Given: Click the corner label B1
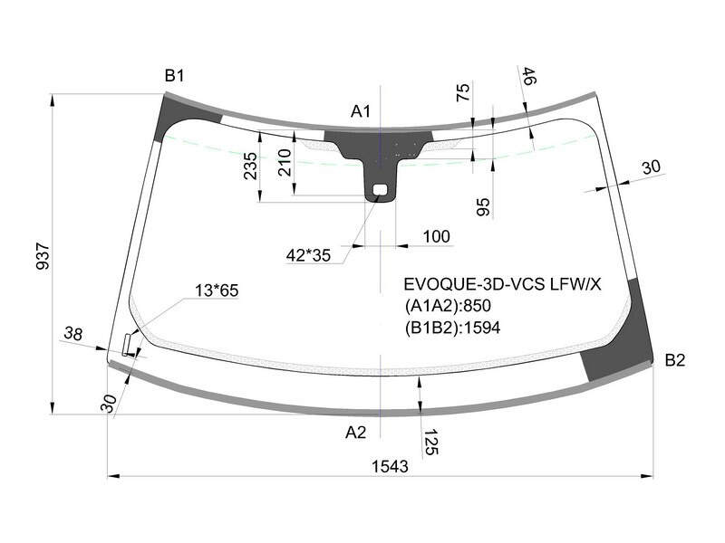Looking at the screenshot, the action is click(174, 76).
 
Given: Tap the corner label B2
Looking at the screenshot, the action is click(674, 359).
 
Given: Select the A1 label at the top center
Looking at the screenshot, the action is click(361, 111).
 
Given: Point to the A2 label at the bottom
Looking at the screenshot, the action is click(355, 433).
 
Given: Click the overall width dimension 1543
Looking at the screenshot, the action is click(391, 466).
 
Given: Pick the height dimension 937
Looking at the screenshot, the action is click(43, 257).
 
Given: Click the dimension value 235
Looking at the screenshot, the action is click(250, 167).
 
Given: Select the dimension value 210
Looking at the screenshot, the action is click(285, 163).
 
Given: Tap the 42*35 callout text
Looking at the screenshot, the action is click(308, 255).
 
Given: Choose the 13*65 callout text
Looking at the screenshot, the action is click(217, 291).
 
